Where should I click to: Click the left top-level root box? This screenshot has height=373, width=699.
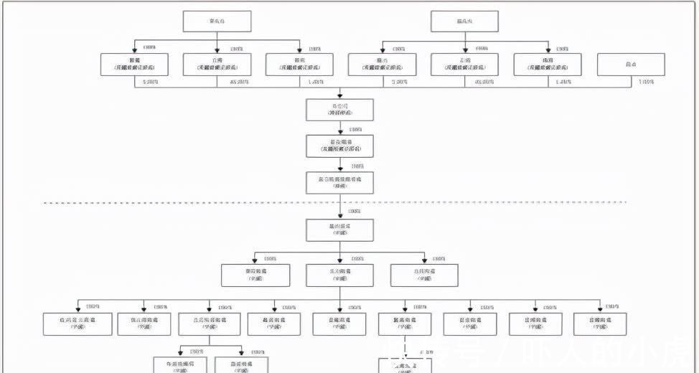point(217,22)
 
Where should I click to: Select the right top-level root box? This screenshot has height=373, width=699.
point(465,22)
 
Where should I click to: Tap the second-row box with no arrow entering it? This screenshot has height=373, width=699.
point(631,65)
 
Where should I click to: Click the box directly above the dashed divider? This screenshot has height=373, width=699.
point(340,182)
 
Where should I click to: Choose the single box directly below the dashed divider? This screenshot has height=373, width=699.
point(340,230)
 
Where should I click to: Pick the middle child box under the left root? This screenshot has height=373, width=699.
point(217,65)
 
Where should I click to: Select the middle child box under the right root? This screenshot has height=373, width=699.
point(465,65)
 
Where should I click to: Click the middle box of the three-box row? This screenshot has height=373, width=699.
point(340,275)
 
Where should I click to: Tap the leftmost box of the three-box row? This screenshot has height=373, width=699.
point(256,275)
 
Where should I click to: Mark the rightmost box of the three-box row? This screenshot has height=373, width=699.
point(424,275)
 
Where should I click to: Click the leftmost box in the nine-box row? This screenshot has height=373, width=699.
point(75,324)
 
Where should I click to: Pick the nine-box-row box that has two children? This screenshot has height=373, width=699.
point(210,324)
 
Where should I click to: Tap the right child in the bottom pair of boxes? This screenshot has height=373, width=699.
point(240,364)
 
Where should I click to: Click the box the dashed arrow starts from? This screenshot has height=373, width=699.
point(405,324)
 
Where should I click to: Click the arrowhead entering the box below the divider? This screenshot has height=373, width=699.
point(340,217)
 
